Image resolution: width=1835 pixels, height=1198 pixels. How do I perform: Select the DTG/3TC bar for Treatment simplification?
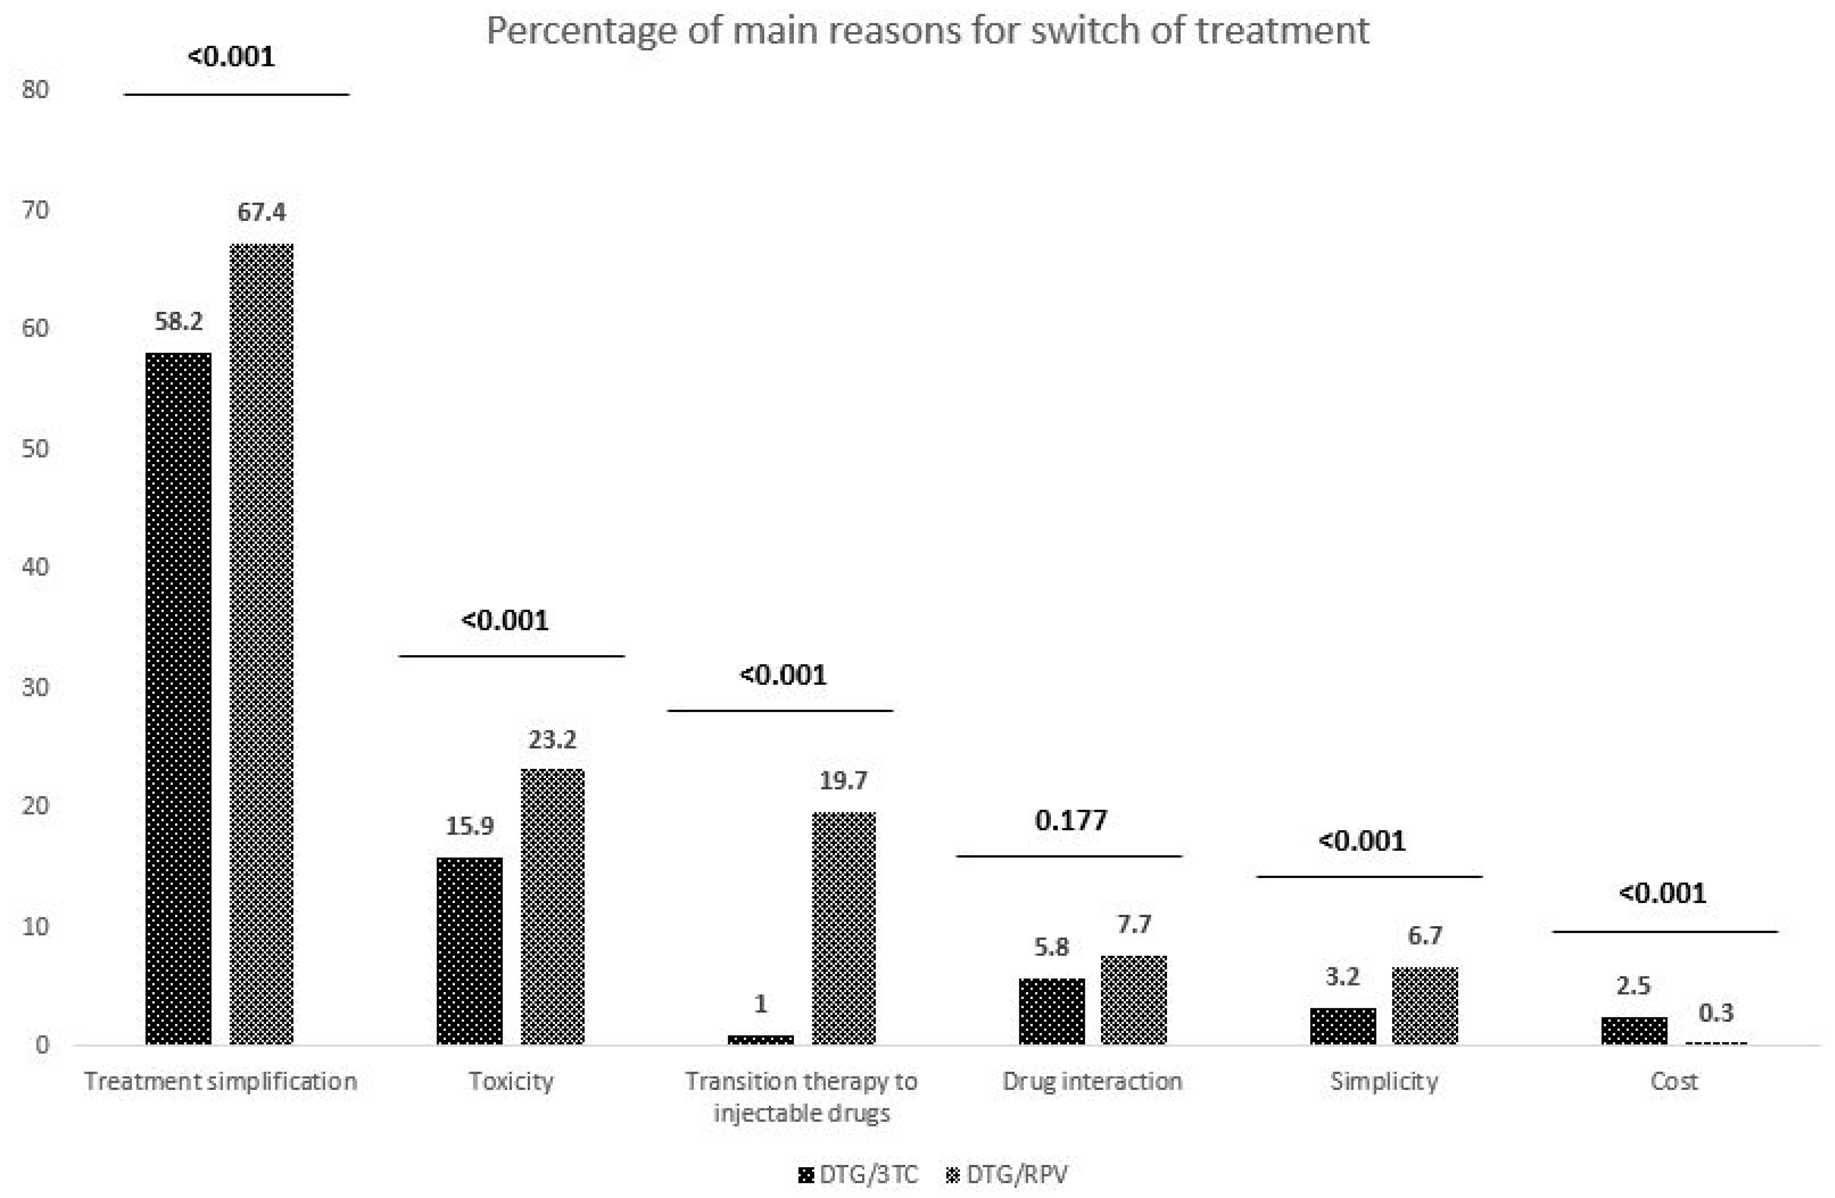pos(178,698)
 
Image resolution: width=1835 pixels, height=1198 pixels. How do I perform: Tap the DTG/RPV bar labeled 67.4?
pos(261,644)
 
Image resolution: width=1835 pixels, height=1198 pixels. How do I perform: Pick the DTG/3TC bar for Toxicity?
pos(470,951)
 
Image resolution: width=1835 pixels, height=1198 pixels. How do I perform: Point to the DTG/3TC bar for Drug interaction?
pos(1051,1011)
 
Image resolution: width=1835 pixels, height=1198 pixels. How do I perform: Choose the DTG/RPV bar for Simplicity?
pos(1425,1005)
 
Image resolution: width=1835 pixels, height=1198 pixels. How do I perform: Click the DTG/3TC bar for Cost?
pos(1634,1031)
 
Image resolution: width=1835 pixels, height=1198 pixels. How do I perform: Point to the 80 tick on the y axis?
pos(35,89)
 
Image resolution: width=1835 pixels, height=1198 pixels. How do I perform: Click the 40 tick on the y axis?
pos(35,567)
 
